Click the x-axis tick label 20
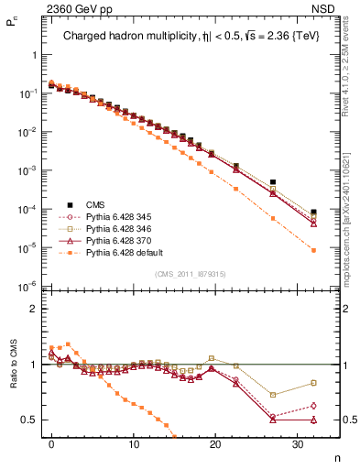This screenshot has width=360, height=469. click(215, 445)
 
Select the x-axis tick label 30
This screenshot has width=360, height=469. click(297, 445)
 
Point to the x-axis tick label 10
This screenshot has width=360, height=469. click(134, 445)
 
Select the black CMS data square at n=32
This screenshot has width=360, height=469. click(313, 212)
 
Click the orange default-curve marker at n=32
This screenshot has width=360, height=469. click(313, 250)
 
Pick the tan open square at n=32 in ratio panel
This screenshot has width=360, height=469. click(313, 383)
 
